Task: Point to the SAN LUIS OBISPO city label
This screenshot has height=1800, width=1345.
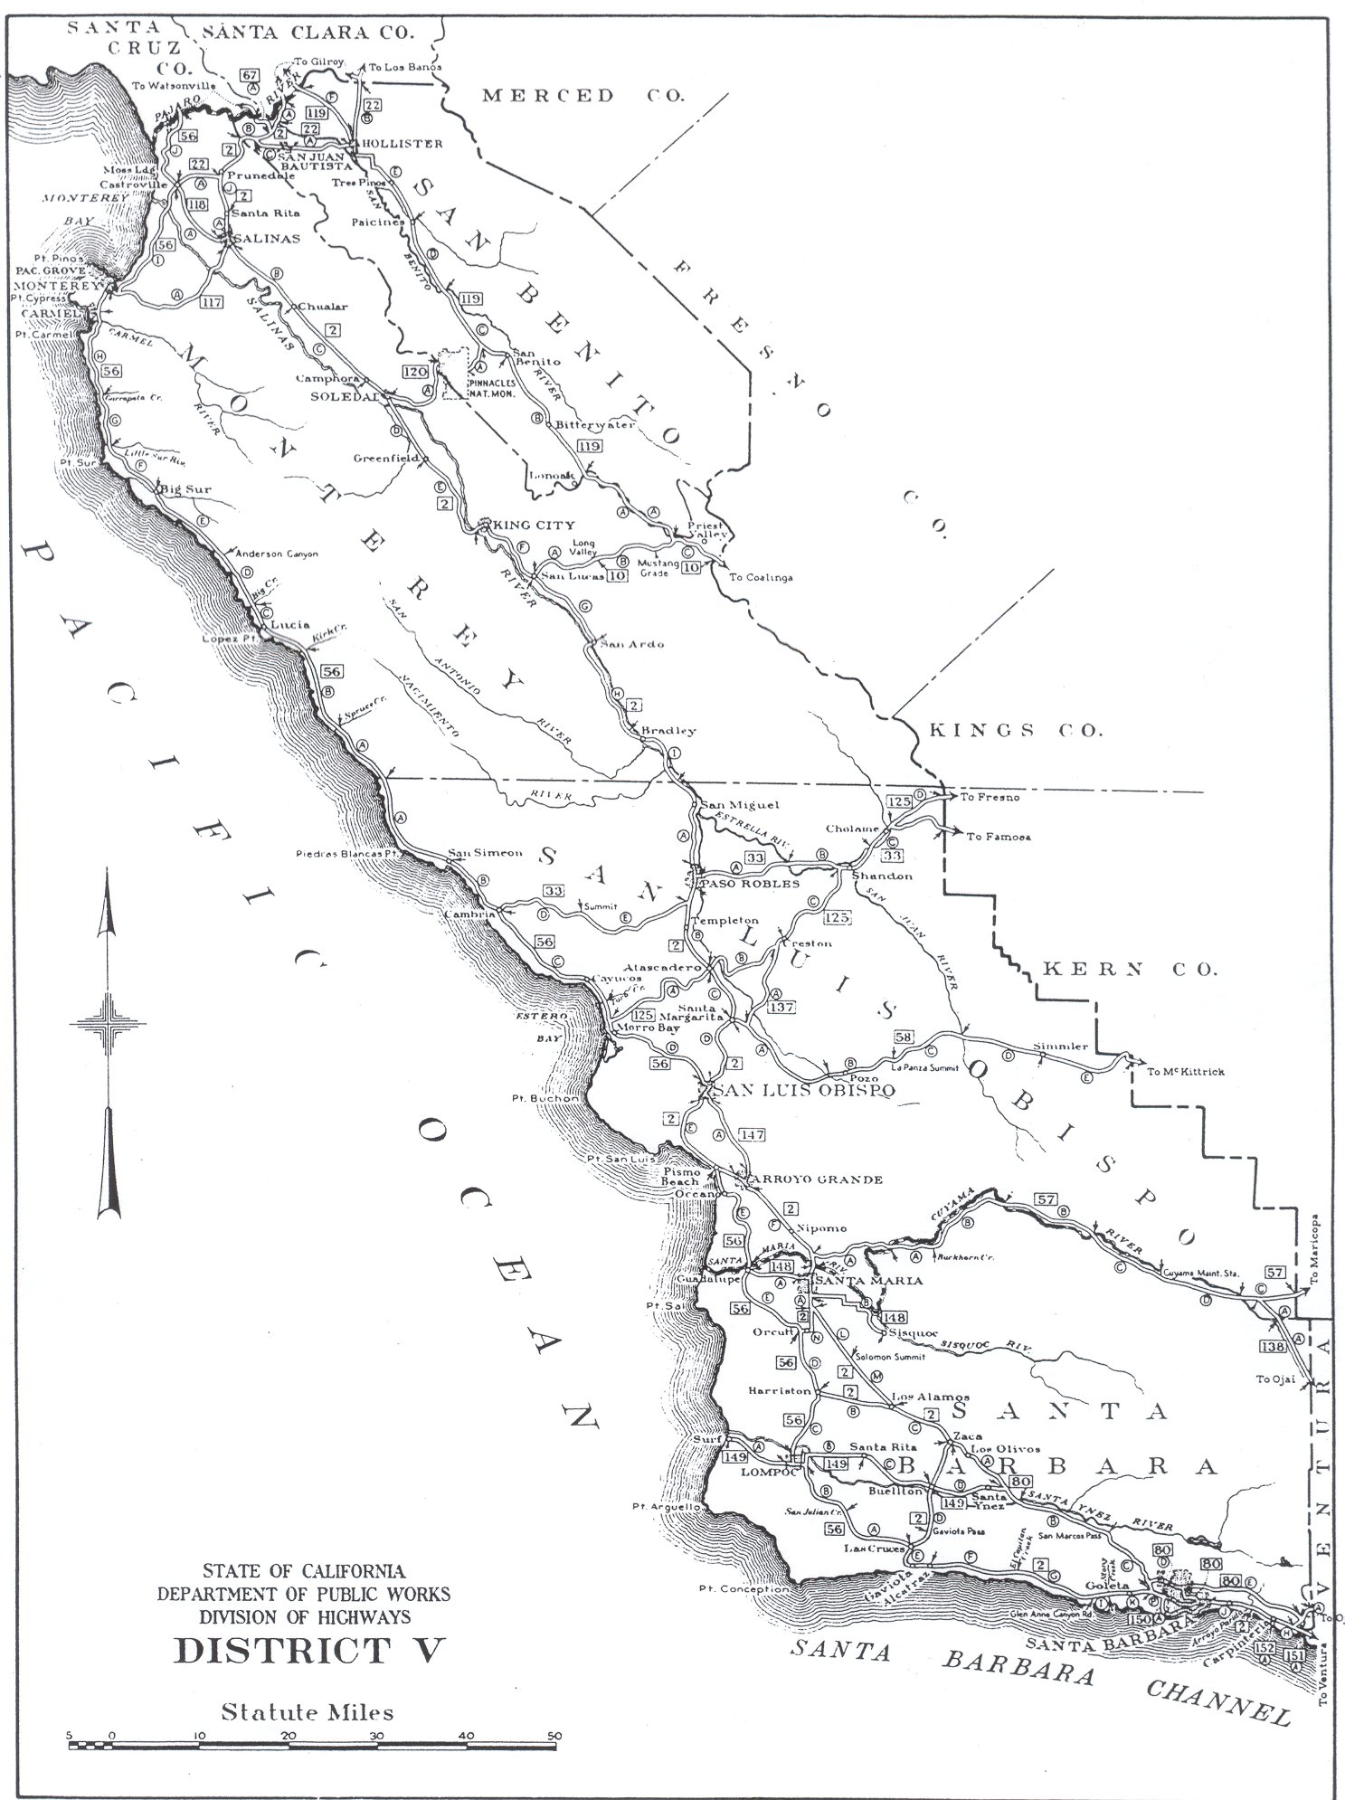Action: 804,1091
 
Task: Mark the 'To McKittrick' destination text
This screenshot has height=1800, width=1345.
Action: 1185,1071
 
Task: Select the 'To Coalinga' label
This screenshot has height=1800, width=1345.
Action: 761,577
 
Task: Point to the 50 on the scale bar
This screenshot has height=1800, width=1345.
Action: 554,1735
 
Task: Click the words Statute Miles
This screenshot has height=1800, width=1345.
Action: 308,1712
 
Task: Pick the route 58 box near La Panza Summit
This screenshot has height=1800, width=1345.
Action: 903,1037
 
